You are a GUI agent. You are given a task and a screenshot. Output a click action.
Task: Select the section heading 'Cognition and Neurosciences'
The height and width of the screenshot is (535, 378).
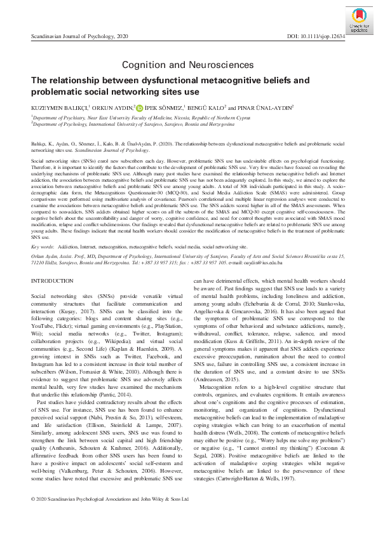pos(189,64)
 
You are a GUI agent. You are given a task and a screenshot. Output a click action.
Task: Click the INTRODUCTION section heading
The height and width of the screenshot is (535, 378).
pos(52,280)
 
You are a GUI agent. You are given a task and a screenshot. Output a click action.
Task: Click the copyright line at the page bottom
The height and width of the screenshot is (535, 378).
pos(110,517)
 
